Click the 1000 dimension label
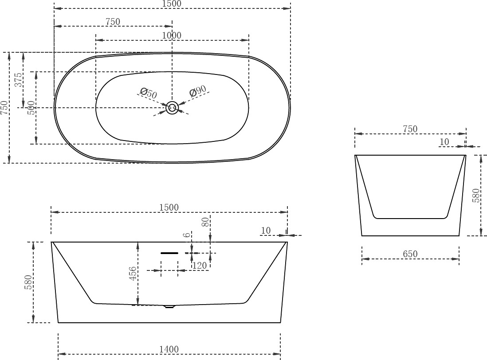click(x=172, y=35)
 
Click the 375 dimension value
click(x=19, y=80)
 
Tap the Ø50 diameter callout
click(x=149, y=93)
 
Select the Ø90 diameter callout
click(x=197, y=90)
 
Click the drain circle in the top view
click(x=172, y=108)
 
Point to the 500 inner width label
click(x=31, y=108)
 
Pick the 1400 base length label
click(x=169, y=349)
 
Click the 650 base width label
click(x=410, y=254)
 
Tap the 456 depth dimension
click(x=133, y=274)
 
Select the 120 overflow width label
click(x=200, y=266)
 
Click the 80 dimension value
click(x=206, y=222)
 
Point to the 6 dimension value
click(x=187, y=235)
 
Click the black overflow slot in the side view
click(x=169, y=253)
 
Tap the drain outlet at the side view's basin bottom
click(x=169, y=307)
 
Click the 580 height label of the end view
click(x=476, y=196)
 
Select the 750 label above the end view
click(x=410, y=129)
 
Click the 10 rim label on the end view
click(x=444, y=142)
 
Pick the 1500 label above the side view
click(x=169, y=207)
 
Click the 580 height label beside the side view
click(x=28, y=282)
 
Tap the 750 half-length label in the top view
click(x=113, y=22)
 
